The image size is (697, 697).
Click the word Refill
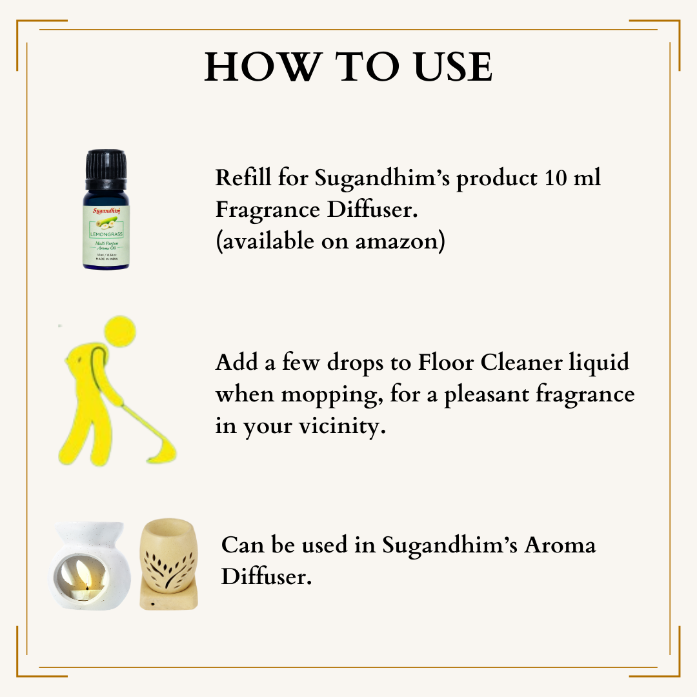pyautogui.click(x=243, y=177)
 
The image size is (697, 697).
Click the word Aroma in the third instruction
pyautogui.click(x=559, y=545)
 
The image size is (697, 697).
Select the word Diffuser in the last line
pyautogui.click(x=266, y=577)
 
